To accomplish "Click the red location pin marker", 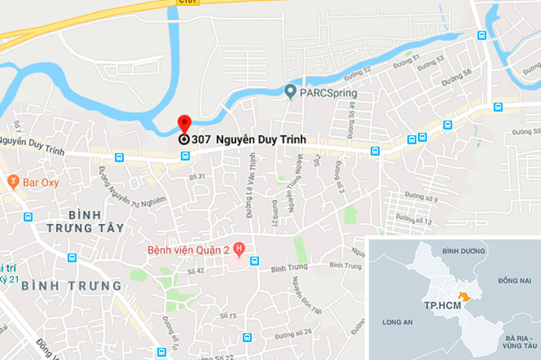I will (x=184, y=125).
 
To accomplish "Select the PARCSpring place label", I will (x=328, y=93).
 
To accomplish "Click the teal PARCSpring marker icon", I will (x=289, y=91).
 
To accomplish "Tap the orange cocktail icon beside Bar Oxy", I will (x=12, y=180).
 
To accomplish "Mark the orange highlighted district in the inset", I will (x=465, y=296).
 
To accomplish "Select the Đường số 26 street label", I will (x=295, y=332).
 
